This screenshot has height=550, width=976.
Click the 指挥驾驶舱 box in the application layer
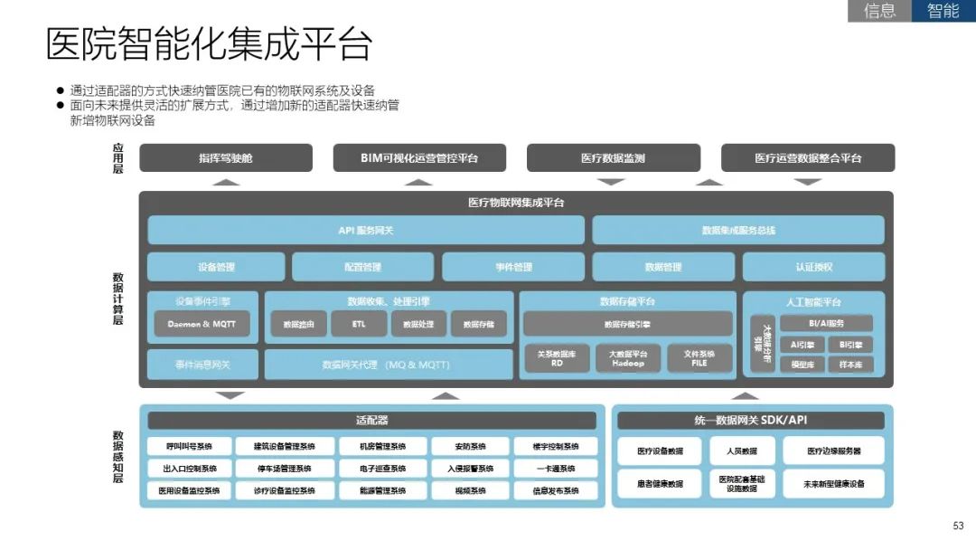pyautogui.click(x=226, y=158)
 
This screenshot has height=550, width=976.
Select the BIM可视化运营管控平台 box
pyautogui.click(x=419, y=158)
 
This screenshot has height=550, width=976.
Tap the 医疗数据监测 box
pyautogui.click(x=613, y=158)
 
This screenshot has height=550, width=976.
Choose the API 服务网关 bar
pyautogui.click(x=366, y=231)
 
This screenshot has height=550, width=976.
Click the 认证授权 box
pyautogui.click(x=813, y=267)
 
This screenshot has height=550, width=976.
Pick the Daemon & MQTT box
pyautogui.click(x=202, y=324)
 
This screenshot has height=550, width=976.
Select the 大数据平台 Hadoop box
pyautogui.click(x=627, y=358)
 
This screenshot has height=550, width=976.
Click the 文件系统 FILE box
pyautogui.click(x=699, y=358)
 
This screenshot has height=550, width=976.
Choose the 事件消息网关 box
pyautogui.click(x=202, y=365)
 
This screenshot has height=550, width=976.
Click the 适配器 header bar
pyautogui.click(x=371, y=421)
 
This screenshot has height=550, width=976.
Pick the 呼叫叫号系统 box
pyautogui.click(x=189, y=447)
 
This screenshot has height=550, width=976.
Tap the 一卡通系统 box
pyautogui.click(x=556, y=469)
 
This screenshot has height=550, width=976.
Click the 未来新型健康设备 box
pyautogui.click(x=833, y=484)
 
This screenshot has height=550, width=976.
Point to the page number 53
pyautogui.click(x=958, y=526)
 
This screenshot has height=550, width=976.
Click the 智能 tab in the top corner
pyautogui.click(x=943, y=11)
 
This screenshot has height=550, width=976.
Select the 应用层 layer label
pyautogui.click(x=117, y=158)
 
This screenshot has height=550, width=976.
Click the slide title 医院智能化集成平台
pyautogui.click(x=210, y=45)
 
